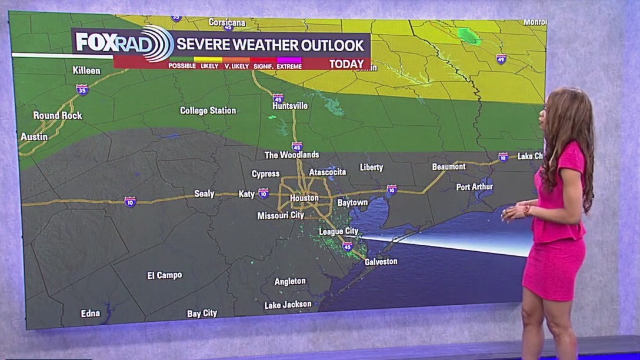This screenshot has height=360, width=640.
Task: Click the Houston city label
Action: coord(304,198)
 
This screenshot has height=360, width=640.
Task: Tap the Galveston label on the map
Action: coord(381,262)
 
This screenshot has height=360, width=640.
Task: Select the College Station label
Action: coord(208,111)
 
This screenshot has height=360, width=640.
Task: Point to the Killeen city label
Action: coord(86,71)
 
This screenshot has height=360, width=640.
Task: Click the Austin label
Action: coord(34,137)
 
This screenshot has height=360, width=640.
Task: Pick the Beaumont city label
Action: coord(449,167)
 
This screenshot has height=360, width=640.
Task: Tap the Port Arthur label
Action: coord(475,187)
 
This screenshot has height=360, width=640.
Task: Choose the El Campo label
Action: coord(165,275)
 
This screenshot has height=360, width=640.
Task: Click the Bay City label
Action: coord(202,314)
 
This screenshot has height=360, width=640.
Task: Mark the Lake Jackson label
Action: coord(288,305)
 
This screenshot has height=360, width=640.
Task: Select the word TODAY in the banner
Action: coord(346,64)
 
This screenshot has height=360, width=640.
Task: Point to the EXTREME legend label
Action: coord(289,66)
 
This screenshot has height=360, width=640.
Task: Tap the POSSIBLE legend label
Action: coord(182,66)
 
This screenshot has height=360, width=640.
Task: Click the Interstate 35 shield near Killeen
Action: coord(82,89)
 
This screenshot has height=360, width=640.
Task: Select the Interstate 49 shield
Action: coord(501,59)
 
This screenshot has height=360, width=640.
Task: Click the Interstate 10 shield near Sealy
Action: coord(130,202)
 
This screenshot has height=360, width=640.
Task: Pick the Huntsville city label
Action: coord(290,106)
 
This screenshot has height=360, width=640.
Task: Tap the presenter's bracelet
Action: coord(526,209)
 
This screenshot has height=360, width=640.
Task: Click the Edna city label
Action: coord(90,314)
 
